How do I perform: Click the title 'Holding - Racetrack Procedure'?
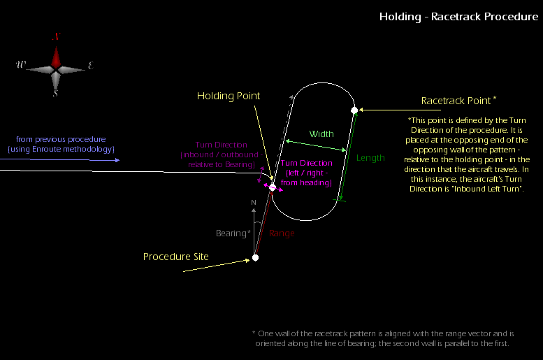tap(458, 16)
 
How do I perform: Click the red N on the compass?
tap(56, 37)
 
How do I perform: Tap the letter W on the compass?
tap(22, 65)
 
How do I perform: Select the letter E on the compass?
tap(91, 66)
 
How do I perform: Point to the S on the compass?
tap(56, 94)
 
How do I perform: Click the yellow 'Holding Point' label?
tap(229, 96)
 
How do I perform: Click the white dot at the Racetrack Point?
tap(354, 110)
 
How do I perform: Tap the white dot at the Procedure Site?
tap(256, 258)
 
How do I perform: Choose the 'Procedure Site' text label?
tap(175, 257)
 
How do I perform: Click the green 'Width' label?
tap(321, 134)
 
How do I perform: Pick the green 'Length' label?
tap(370, 158)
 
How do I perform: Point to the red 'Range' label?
tap(282, 233)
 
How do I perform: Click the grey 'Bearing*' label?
tap(233, 233)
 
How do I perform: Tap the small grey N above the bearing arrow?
tap(254, 203)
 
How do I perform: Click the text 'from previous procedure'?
tap(61, 140)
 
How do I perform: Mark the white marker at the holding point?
tap(273, 187)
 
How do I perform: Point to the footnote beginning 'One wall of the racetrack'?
tap(383, 333)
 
